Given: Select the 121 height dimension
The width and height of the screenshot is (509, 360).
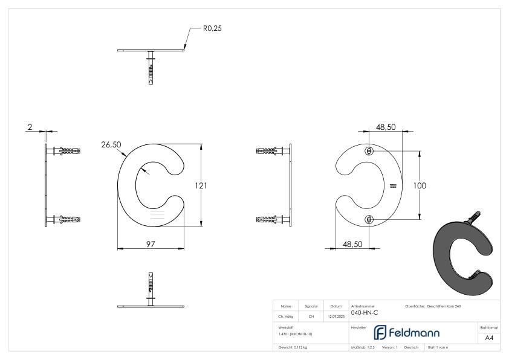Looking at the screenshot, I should (x=209, y=185).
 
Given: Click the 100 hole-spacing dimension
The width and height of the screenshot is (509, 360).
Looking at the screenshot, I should (x=420, y=185).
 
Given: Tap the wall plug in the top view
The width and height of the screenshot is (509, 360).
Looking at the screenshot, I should (x=151, y=68).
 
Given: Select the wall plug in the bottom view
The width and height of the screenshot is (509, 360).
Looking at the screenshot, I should (x=151, y=286).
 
